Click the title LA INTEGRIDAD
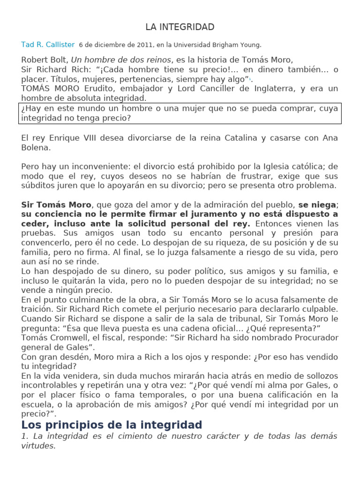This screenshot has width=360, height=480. (x=180, y=27)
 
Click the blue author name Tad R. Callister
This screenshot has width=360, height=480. (x=48, y=45)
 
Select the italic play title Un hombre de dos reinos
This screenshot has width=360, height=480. (x=120, y=60)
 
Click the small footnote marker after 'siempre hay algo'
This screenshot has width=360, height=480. (x=250, y=80)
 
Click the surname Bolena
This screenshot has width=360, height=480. (x=36, y=148)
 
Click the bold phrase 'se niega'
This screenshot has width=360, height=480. (x=317, y=205)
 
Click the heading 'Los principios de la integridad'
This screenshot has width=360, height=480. (x=112, y=425)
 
